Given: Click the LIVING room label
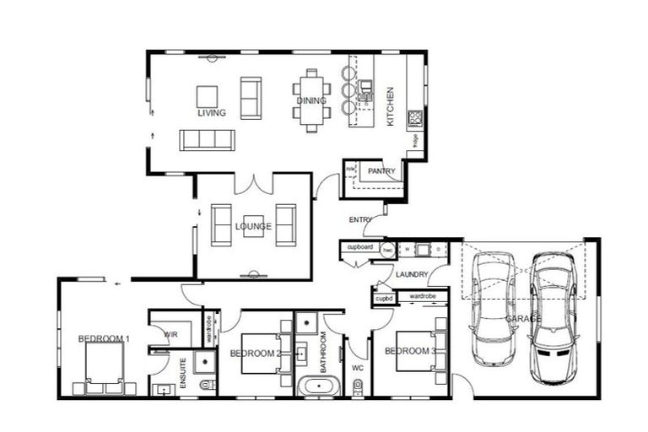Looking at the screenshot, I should coord(212,112).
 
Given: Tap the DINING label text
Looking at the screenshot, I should coord(305,101).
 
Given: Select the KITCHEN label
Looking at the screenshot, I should coord(390,107).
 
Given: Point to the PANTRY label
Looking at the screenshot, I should coord(381,171).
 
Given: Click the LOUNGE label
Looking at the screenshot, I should coord(253,227).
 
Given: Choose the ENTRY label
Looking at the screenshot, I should coord(360,220).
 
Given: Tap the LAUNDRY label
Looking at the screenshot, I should coord(412,274).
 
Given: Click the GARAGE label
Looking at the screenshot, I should coord(523,320).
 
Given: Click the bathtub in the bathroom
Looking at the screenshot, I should coord(319,387).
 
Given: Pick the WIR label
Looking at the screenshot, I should coord(170,334).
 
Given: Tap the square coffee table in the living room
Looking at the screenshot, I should coord(208,96).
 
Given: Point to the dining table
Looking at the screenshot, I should coord(311,100).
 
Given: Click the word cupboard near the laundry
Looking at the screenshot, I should coord(360,247).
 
